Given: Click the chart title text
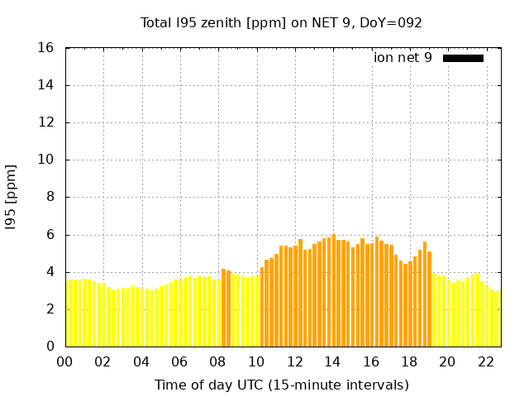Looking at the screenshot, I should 281,22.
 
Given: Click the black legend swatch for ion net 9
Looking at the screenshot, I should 463,58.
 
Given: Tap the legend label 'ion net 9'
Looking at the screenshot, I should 403,58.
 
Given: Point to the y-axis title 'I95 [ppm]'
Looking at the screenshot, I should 11,198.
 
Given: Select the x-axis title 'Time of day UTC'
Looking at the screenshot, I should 281,385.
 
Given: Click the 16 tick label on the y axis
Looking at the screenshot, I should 46,48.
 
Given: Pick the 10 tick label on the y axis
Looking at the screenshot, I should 46,160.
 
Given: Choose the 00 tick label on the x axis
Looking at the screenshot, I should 65,361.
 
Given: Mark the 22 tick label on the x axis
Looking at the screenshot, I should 486,361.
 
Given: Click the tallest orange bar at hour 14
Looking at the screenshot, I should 334,290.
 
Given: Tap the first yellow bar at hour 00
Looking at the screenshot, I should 67,314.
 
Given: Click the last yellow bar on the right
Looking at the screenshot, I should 498,318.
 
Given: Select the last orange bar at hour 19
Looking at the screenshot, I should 430,299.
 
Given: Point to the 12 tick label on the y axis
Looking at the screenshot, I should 46,122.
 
